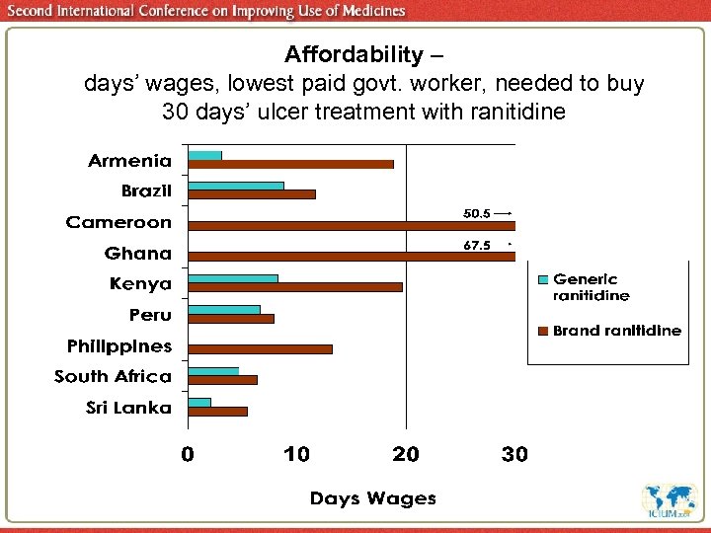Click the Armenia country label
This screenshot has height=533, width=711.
(x=129, y=160)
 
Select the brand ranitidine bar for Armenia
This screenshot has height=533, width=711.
(x=290, y=164)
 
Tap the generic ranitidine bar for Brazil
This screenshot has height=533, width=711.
(x=236, y=186)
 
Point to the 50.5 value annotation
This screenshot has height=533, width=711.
(x=477, y=213)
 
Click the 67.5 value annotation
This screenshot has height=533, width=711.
(x=477, y=246)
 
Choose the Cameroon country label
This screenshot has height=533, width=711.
(x=118, y=222)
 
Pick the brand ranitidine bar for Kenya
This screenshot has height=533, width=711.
(x=295, y=287)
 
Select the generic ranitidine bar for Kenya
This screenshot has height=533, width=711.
(x=233, y=278)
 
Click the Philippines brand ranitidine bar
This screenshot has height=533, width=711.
(x=260, y=348)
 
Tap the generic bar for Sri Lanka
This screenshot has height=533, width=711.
(x=199, y=402)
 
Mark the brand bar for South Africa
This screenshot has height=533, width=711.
(x=222, y=379)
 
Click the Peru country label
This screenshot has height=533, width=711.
(x=150, y=315)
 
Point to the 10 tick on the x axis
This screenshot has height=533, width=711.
(x=296, y=455)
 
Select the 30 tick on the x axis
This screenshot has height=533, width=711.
(x=514, y=455)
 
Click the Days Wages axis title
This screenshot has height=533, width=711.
(x=372, y=498)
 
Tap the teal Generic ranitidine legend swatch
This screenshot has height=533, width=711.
(x=541, y=280)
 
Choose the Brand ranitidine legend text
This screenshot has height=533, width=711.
(x=616, y=331)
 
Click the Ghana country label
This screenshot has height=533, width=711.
(x=138, y=254)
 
